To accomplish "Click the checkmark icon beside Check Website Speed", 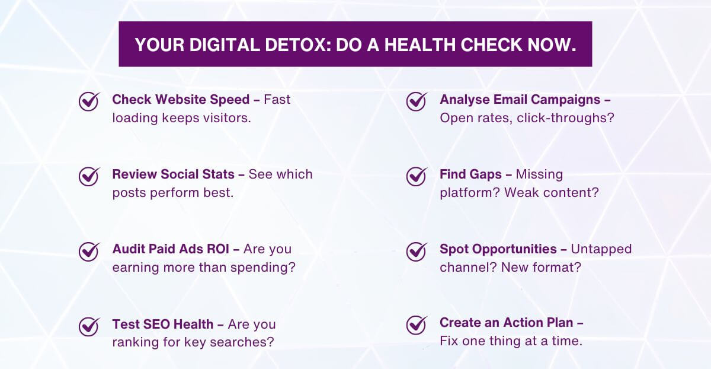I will click(89, 101).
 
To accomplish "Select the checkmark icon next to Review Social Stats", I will click(89, 176).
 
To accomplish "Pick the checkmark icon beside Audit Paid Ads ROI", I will click(89, 251).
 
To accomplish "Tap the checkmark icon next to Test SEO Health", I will click(89, 326).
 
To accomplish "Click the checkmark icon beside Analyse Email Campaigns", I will click(417, 101).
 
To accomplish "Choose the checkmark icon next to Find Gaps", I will click(417, 176).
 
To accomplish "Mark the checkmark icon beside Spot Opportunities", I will click(417, 251).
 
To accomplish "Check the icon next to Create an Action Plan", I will click(417, 325).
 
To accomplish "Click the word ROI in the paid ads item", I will click(221, 249).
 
